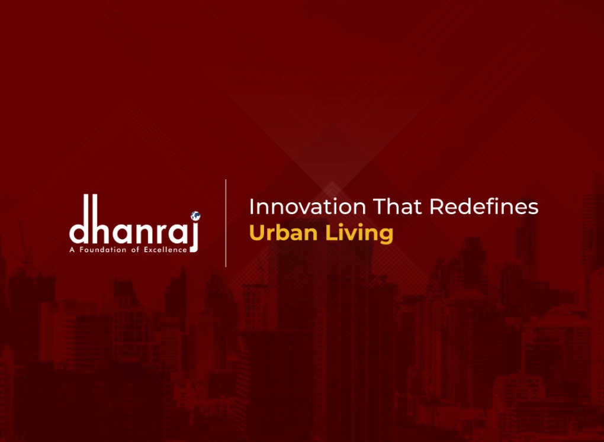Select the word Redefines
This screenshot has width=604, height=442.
click(x=483, y=207)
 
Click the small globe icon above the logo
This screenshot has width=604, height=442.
click(x=195, y=215)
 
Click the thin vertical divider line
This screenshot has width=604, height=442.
click(x=226, y=222)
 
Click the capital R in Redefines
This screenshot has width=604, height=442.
click(x=436, y=207)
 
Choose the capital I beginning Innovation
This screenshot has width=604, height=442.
click(x=252, y=207)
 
